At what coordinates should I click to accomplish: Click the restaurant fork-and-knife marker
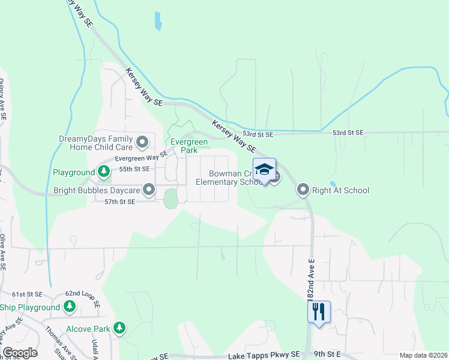point(319,311)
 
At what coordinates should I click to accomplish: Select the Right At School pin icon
point(303,190)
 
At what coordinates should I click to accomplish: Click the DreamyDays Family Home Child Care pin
point(142,143)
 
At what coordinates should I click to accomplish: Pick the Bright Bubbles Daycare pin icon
point(149,190)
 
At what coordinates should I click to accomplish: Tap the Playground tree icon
point(104,172)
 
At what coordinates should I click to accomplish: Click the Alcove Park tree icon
point(120,328)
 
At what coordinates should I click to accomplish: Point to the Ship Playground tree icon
point(70,307)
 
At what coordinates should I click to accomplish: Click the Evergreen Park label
point(188,146)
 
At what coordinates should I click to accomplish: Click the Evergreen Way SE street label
point(141,157)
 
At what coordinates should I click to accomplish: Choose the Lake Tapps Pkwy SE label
point(264,355)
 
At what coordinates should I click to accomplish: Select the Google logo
point(20,352)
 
